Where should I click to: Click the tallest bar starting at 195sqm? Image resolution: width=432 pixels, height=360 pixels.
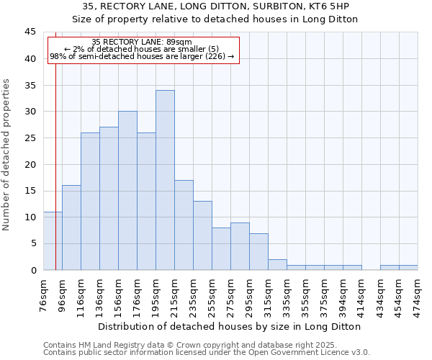(165, 180)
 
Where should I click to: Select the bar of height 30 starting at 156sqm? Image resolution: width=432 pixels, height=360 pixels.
(127, 191)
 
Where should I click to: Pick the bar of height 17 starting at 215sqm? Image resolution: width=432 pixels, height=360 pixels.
(184, 225)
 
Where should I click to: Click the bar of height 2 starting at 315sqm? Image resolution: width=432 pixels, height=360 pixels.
(277, 265)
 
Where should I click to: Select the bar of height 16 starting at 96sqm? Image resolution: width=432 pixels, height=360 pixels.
(71, 228)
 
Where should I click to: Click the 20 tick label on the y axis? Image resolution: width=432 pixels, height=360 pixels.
(30, 164)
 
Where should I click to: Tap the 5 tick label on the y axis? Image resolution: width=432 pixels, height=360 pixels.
(33, 243)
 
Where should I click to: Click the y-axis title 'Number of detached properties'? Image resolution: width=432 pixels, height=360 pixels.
(7, 155)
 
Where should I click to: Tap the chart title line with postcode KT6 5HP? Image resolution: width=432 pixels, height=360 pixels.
(215, 6)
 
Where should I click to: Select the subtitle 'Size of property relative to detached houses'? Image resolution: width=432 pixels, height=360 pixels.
(215, 19)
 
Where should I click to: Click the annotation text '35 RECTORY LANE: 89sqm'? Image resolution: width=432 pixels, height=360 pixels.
(142, 42)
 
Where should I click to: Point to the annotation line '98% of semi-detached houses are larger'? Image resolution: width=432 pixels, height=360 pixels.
(142, 56)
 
